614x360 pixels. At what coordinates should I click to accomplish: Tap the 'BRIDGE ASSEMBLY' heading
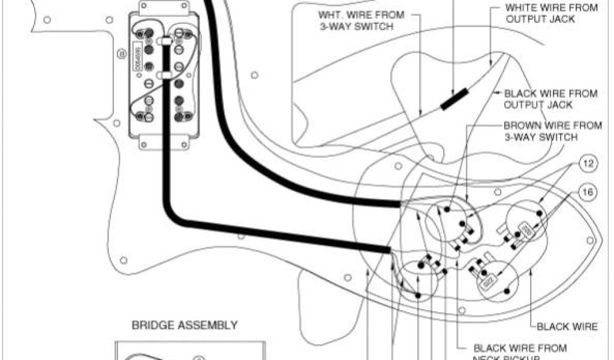pos(185,325)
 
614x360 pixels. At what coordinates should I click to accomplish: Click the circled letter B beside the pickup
pos(123,55)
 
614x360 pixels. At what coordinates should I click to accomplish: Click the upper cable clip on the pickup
pos(162,41)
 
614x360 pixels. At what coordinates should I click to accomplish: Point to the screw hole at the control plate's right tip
pos(591,241)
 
